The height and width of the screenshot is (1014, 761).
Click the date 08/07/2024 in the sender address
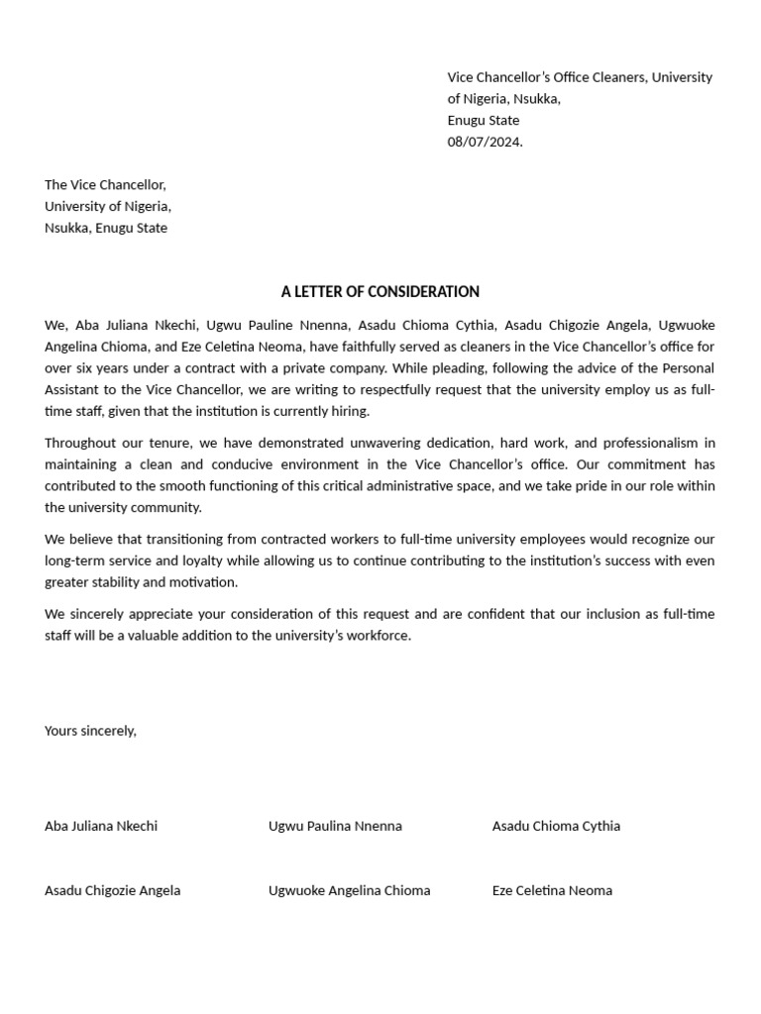coord(485,142)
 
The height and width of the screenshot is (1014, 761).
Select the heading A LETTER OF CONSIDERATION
coord(380,291)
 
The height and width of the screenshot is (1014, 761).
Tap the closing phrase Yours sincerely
coord(90,731)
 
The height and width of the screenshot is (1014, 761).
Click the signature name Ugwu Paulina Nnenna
coord(335,826)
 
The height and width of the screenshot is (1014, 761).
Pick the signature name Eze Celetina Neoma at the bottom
coord(552,890)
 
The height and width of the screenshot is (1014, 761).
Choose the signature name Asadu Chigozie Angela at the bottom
coord(112,890)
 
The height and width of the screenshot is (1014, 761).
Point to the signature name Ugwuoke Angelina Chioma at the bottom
coord(349,890)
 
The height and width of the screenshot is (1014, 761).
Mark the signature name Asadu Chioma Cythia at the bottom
coord(556,826)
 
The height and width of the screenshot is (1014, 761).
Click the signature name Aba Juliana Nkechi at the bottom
coord(101,826)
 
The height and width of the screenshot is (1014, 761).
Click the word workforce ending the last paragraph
coord(376,636)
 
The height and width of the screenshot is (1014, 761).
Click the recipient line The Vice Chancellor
coord(105,185)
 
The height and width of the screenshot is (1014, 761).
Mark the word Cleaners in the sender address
coord(613,77)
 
